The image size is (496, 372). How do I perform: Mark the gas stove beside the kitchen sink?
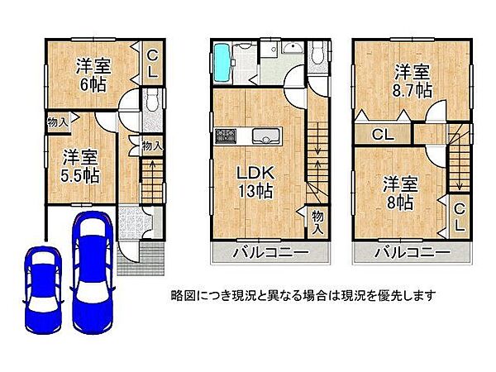[x=225, y=137]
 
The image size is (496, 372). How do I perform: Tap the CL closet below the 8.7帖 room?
[x=381, y=134]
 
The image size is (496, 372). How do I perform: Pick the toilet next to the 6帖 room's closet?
[x=150, y=102]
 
